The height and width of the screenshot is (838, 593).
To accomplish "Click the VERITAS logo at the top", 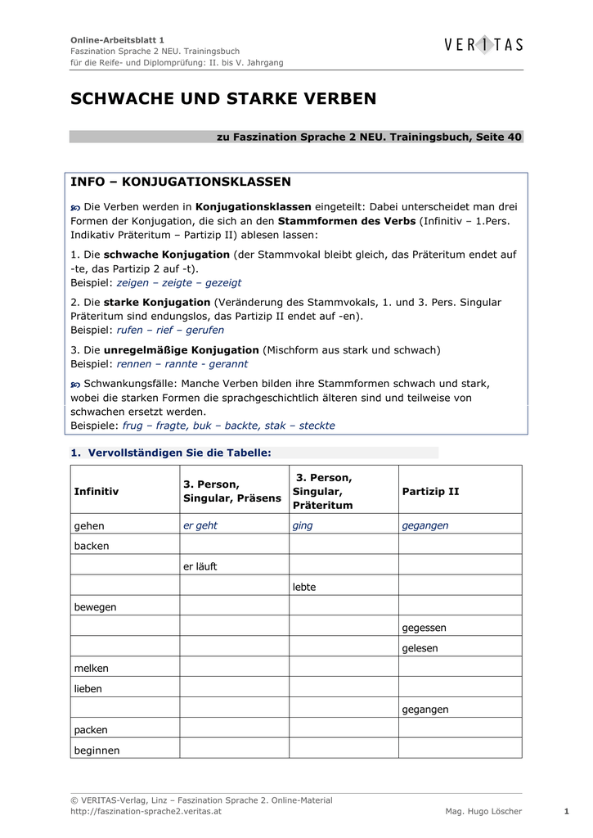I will coord(483,46).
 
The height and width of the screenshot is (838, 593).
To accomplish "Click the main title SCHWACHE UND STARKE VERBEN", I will coord(223,99).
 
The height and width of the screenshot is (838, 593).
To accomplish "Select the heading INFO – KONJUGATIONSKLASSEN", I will coord(181,182).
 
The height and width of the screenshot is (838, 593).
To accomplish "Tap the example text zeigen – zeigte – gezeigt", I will coord(179,282).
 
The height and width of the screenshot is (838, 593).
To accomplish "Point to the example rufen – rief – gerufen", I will coord(170,331).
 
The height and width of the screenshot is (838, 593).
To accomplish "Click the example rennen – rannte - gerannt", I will coord(182,364).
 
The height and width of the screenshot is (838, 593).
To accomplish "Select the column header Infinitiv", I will coord(97,492).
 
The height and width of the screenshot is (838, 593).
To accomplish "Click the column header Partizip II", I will coord(430,492).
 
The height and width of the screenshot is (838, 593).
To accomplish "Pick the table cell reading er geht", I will coord(200,525).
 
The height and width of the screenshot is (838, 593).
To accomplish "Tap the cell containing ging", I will coord(303,525).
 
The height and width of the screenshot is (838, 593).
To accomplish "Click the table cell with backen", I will coord(92,546).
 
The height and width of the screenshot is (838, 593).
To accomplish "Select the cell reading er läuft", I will coord(200,566).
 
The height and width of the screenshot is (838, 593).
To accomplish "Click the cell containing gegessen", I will coord(424,628).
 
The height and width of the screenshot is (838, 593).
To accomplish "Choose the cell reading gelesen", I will coord(420,648).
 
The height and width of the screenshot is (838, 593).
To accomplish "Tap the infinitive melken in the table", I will coord(92,669).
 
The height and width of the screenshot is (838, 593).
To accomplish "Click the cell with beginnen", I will coord(97,750).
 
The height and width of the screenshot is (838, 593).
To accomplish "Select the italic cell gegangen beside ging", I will coord(425,525).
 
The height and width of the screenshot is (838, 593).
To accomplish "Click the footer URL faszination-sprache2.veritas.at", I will coord(146,812).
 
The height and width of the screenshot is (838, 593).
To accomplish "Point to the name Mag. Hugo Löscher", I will coord(483,812).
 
